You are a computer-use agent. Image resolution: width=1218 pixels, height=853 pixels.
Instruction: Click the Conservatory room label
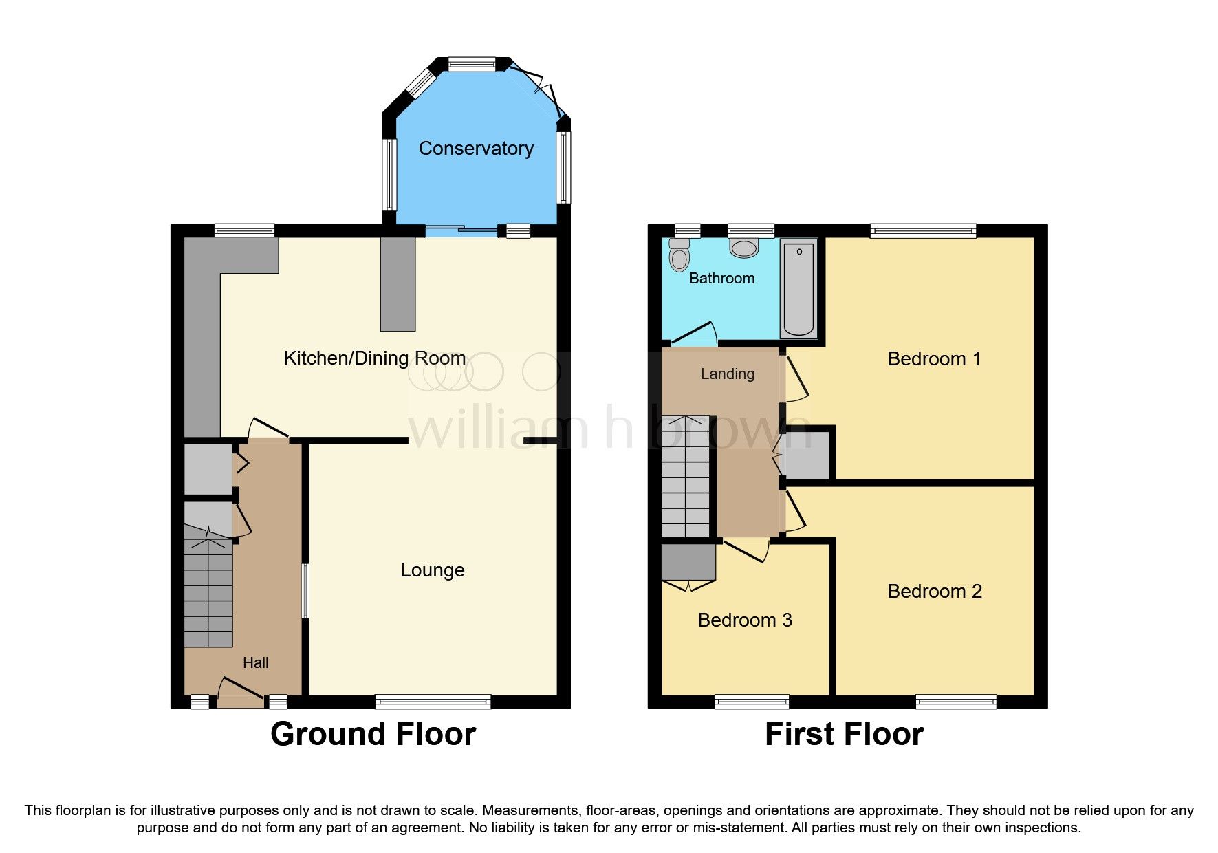click(476, 148)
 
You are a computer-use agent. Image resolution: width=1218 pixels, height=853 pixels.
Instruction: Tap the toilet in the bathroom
click(679, 255)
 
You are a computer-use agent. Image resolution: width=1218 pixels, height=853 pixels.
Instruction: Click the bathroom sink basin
click(744, 248)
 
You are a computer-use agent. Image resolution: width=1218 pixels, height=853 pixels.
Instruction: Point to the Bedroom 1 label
click(934, 358)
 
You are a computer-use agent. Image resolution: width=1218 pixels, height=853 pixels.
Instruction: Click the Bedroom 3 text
click(744, 620)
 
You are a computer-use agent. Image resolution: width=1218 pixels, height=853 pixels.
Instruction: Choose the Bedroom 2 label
click(934, 591)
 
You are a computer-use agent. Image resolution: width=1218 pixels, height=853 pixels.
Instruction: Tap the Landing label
click(727, 374)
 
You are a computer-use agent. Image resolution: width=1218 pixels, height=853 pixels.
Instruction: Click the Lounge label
click(432, 570)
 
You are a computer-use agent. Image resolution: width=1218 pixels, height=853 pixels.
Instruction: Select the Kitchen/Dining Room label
click(375, 358)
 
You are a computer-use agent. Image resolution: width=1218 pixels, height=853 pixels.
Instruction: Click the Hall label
click(255, 662)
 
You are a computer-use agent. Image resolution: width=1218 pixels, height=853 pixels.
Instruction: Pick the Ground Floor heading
click(373, 734)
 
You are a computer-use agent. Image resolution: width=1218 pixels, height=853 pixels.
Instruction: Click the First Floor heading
click(844, 734)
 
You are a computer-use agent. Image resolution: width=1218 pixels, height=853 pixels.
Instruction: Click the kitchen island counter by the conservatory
click(398, 283)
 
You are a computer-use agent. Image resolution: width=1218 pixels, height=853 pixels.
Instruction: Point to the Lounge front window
click(433, 702)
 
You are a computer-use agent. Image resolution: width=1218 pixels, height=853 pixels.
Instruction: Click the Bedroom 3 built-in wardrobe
click(688, 562)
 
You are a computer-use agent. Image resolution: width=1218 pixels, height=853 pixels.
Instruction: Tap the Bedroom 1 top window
click(923, 231)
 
